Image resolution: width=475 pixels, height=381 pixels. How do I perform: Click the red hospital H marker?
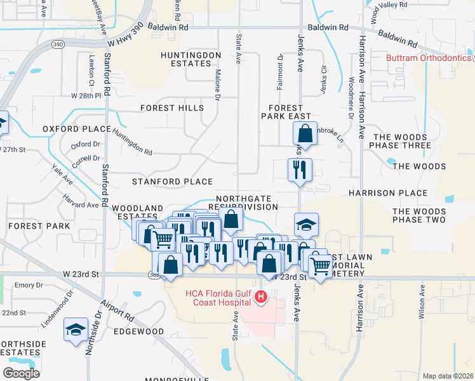260,297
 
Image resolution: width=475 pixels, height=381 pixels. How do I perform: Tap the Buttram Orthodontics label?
429,58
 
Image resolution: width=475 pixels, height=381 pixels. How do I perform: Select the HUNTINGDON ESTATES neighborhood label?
191,60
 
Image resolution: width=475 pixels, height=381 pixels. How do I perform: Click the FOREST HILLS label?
172,108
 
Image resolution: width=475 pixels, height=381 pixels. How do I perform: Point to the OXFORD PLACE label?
77,129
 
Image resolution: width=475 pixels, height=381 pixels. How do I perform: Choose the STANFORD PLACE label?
172,182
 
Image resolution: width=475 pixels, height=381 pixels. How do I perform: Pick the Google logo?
21,373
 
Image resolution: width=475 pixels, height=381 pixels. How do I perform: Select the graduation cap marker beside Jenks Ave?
306,225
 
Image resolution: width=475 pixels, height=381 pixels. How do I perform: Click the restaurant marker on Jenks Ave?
300,170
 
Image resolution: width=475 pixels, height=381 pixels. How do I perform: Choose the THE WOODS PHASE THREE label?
402,141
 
